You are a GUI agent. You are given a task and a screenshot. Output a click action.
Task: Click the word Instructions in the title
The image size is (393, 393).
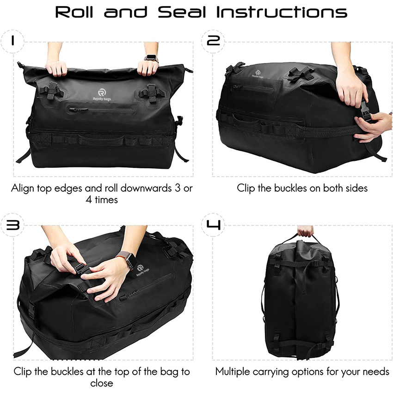coord(282,12)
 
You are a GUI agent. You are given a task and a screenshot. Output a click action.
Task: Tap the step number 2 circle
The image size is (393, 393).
coord(214,41)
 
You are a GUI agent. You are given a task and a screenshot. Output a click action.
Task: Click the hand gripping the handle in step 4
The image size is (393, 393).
coord(305,231)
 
